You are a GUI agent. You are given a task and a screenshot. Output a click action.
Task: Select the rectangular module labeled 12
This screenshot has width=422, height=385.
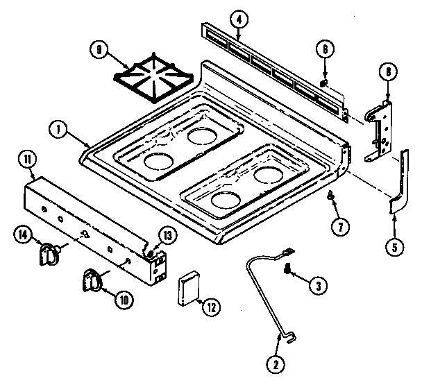pos(189,289)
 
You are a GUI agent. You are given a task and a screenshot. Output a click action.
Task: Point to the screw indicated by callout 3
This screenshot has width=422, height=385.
pos(287,275)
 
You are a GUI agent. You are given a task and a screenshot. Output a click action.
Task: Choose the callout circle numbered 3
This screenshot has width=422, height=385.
pos(317,283)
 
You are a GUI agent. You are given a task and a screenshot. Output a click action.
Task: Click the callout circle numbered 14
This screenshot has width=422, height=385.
pos(22,236)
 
